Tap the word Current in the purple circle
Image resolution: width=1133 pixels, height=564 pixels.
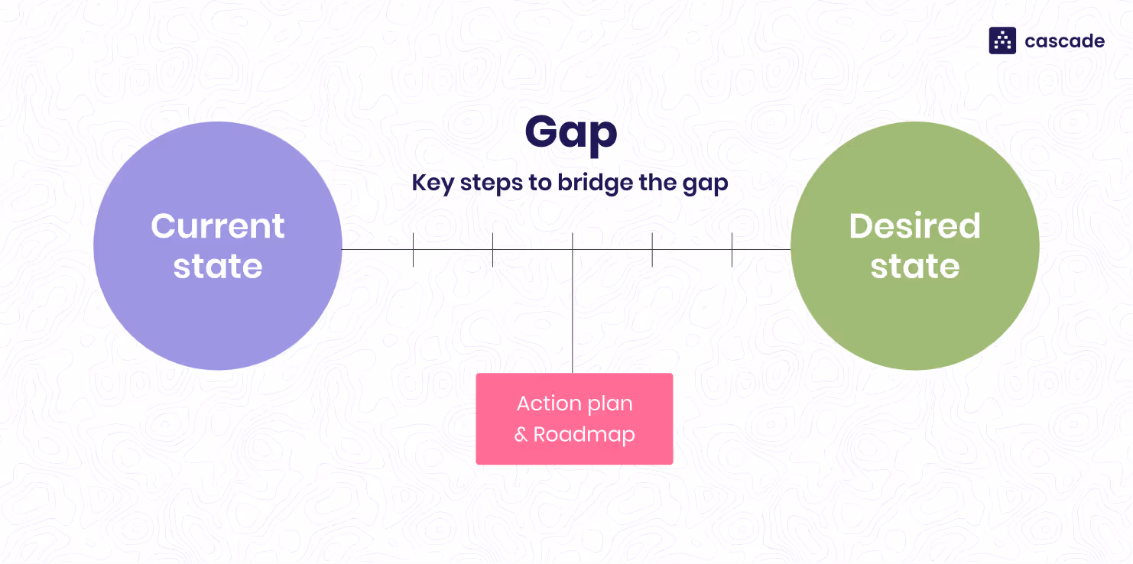218,226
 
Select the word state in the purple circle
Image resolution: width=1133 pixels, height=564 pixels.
218,266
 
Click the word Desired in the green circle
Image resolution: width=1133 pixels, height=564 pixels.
914,226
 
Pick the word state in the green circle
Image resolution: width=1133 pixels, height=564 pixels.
914,266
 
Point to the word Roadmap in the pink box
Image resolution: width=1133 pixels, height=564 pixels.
584,435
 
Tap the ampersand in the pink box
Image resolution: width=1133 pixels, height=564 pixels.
521,436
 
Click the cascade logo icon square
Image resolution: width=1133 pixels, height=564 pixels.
1002,41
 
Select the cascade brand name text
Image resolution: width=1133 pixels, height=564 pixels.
1064,41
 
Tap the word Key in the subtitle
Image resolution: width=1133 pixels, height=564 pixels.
431,184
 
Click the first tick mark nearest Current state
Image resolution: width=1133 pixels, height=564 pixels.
413,250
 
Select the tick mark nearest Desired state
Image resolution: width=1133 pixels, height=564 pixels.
732,250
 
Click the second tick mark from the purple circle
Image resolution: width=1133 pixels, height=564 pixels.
492,250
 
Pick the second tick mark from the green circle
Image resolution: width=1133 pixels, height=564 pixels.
652,250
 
